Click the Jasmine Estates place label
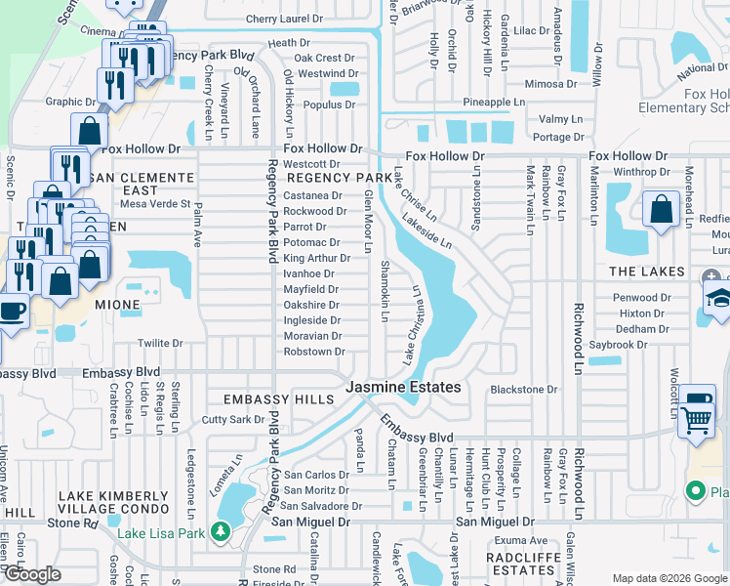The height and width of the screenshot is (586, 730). [x=403, y=388]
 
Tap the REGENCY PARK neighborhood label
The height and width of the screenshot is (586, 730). [x=338, y=179]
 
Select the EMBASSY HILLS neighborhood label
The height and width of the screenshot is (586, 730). [x=271, y=399]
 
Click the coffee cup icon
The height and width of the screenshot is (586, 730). [x=12, y=312]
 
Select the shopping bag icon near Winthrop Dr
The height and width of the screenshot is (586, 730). [x=662, y=207]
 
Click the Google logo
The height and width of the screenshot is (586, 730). [x=31, y=574]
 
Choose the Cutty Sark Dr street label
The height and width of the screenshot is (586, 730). [x=232, y=420]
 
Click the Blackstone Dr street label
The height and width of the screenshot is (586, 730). [x=523, y=389]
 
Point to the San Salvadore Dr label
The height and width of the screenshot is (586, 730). [x=321, y=506]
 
